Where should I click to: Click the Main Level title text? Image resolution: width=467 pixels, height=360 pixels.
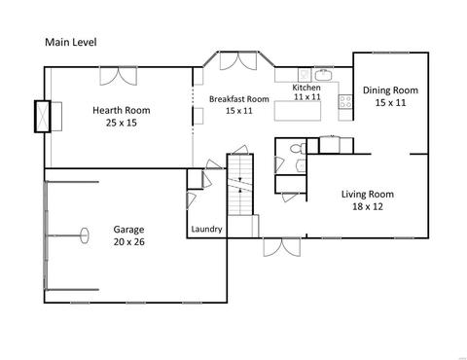(71, 42)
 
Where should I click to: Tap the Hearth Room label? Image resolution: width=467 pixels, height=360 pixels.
(122, 110)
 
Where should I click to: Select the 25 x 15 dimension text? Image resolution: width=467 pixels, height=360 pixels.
(122, 123)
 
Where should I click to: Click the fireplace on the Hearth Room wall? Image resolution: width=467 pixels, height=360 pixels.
(43, 116)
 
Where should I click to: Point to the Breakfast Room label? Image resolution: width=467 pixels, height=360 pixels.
(239, 99)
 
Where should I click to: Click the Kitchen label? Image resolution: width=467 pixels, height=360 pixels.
(306, 88)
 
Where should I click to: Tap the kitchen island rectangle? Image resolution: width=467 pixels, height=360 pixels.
(298, 111)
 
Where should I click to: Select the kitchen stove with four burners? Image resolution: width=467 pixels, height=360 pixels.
(345, 101)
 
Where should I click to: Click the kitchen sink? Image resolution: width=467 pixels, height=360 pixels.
(323, 75)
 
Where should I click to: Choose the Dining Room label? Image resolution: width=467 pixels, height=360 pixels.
(390, 90)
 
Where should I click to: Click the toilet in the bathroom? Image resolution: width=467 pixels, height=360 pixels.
(298, 149)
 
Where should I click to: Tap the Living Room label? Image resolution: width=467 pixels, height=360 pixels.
(368, 195)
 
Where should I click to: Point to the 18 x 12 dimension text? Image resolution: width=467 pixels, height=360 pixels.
(368, 206)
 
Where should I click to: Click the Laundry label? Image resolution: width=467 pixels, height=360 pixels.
(206, 230)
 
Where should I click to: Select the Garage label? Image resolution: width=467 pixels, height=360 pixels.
(128, 230)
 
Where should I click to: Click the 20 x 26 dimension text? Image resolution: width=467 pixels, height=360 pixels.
(129, 242)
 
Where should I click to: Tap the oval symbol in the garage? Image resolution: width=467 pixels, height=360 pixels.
(85, 235)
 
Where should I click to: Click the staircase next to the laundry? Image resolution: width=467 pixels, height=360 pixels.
(240, 184)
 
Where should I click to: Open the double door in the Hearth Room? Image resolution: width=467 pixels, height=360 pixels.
(119, 76)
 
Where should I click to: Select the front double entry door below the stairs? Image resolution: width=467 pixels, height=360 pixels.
(282, 247)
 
